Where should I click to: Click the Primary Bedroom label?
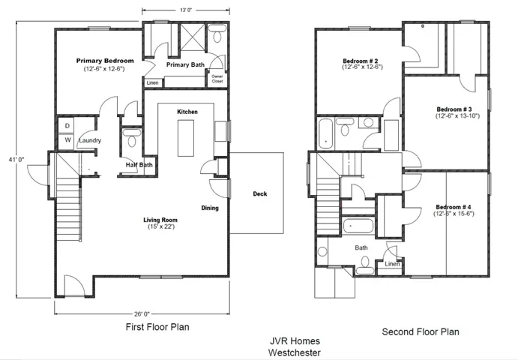click(105, 61)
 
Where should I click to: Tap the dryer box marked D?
click(67, 125)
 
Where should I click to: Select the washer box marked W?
click(67, 141)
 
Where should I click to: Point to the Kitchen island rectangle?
click(186, 138)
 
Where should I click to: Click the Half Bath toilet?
click(132, 138)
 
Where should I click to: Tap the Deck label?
click(260, 193)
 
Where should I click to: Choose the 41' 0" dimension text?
click(16, 160)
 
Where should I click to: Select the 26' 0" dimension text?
click(142, 313)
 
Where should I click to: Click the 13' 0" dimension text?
click(186, 10)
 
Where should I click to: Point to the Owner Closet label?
click(217, 79)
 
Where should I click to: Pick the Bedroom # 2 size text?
click(362, 67)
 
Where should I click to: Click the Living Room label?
click(160, 220)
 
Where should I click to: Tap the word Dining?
click(210, 208)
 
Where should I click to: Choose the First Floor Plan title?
click(157, 327)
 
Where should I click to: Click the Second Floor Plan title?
click(421, 331)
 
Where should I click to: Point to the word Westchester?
click(295, 352)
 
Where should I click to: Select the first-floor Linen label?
click(152, 82)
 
